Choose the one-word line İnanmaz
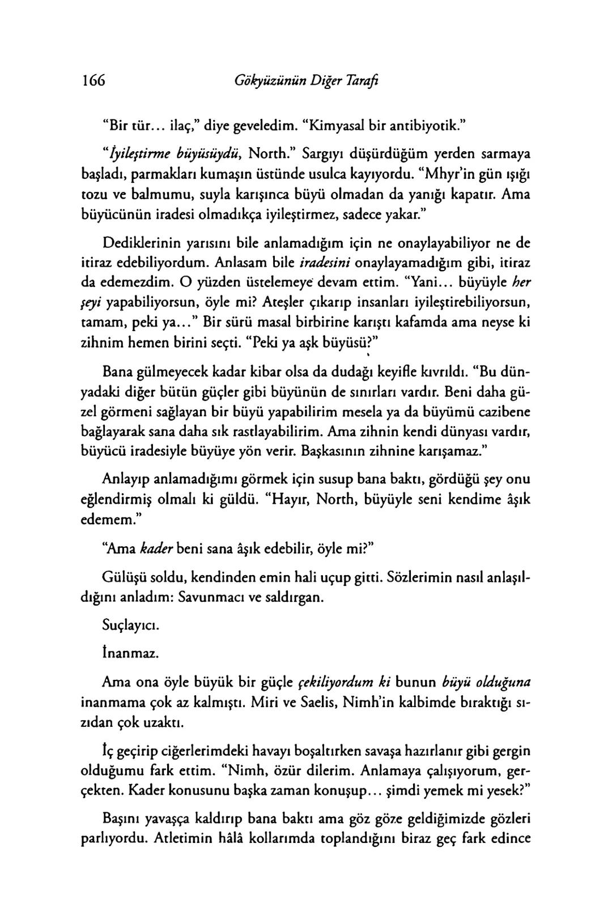122,653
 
